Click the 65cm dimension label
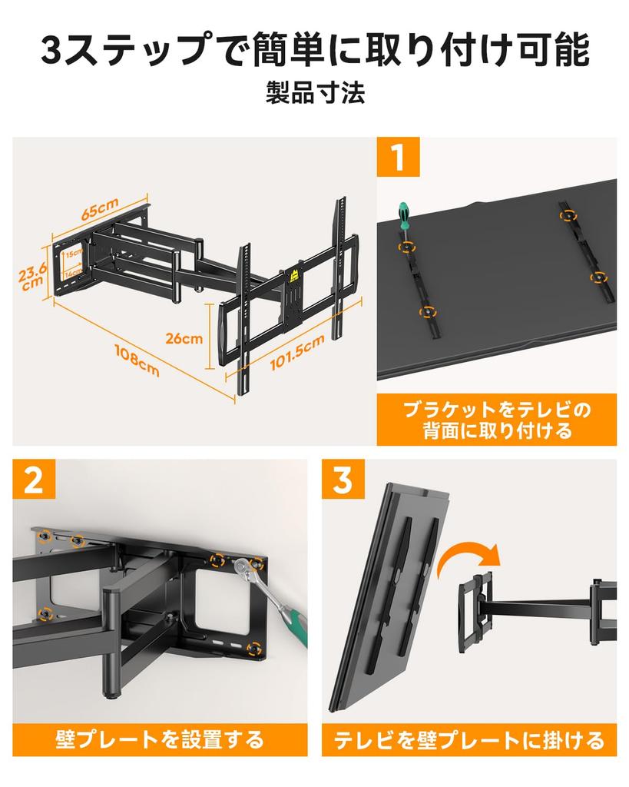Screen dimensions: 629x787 tap(100, 208)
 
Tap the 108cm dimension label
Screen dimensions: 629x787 tap(137, 360)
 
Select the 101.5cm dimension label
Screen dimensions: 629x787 tap(297, 352)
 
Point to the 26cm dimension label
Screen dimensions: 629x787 tap(184, 338)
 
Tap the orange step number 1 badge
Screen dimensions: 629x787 tap(399, 157)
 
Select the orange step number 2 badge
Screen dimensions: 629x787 tap(34, 479)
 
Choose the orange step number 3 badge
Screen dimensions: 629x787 tap(343, 479)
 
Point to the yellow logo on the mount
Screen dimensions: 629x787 tap(294, 276)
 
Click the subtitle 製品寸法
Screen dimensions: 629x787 tap(315, 93)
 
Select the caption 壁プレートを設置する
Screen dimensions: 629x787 tap(160, 740)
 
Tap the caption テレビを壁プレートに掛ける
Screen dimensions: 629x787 tap(469, 740)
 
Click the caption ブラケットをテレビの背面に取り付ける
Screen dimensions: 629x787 tap(497, 420)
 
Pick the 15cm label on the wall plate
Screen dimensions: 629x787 tap(74, 254)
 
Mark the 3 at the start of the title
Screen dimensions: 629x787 tap(51, 50)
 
